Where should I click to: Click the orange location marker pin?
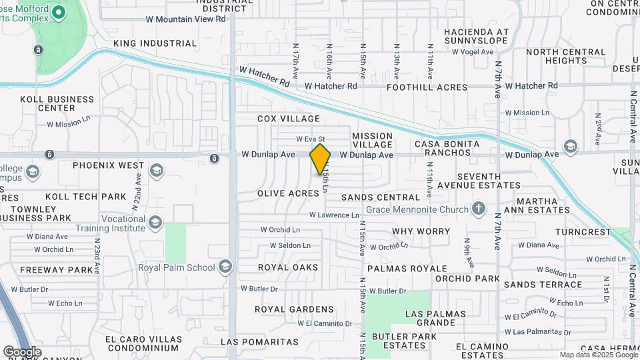tap(320, 159)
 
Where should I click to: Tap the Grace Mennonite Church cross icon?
tap(478, 208)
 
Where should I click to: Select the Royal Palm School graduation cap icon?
tap(225, 267)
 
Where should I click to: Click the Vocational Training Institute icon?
tap(155, 222)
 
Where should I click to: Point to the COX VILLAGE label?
tap(289, 119)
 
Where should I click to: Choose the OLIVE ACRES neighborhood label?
tap(288, 193)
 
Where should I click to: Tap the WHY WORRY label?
tap(421, 231)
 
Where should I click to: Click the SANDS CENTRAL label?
tap(381, 197)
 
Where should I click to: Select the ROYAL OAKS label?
tap(288, 267)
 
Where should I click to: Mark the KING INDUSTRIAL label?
tap(155, 43)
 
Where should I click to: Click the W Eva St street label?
tap(310, 139)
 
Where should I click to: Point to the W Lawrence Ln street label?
tap(334, 215)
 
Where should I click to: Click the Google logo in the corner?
tap(22, 351)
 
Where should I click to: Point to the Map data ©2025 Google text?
tap(598, 355)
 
